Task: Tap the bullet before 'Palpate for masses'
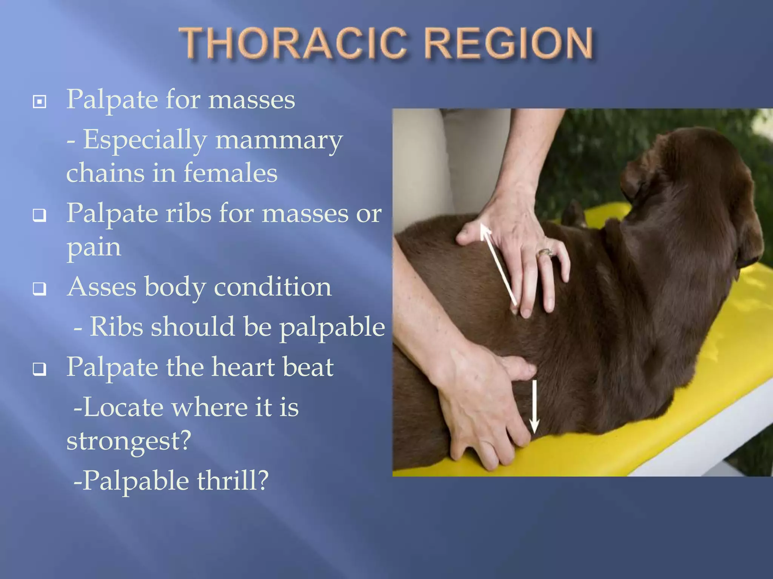(x=40, y=101)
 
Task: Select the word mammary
(x=279, y=140)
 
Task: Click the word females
(x=230, y=173)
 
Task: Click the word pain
(x=94, y=248)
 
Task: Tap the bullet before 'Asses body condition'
(x=40, y=289)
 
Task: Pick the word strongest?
(x=129, y=441)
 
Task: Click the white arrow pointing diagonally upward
(x=498, y=264)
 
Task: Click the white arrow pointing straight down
(x=534, y=407)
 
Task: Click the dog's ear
(x=642, y=177)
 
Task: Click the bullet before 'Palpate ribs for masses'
(x=40, y=216)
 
